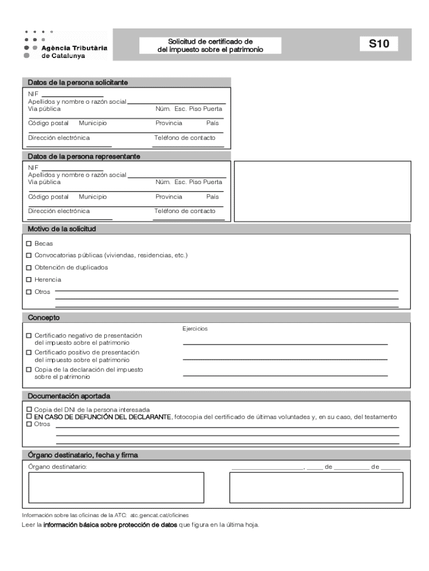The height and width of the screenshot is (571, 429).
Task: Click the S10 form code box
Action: [x=379, y=44]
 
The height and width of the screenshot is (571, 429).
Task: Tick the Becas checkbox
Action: [x=29, y=244]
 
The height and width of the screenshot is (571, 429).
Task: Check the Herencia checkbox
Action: [x=29, y=280]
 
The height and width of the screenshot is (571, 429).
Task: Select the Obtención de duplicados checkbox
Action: [x=29, y=268]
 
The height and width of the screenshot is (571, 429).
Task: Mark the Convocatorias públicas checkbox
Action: [x=29, y=255]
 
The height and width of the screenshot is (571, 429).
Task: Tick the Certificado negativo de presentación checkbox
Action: [x=29, y=336]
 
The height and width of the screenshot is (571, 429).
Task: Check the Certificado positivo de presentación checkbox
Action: [x=29, y=352]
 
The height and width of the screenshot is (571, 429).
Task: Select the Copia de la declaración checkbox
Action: [x=29, y=369]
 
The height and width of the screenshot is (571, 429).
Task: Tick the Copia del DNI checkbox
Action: [x=29, y=409]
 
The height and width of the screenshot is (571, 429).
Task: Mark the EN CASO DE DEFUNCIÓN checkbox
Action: [x=29, y=417]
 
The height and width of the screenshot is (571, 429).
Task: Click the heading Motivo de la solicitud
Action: [x=62, y=229]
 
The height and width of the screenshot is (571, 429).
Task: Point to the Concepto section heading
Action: [x=44, y=317]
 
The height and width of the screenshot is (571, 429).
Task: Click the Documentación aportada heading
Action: [x=69, y=396]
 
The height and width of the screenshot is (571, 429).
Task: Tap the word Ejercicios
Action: [x=195, y=329]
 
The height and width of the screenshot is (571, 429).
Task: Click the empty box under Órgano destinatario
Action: [x=116, y=487]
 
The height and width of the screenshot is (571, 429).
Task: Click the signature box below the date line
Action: [x=316, y=487]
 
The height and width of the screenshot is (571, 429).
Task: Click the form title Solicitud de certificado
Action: [x=211, y=46]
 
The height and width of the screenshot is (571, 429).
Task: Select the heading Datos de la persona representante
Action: [x=84, y=157]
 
